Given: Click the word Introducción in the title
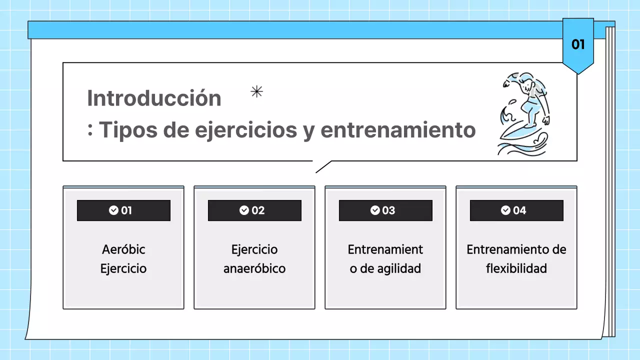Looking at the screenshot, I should pyautogui.click(x=154, y=98).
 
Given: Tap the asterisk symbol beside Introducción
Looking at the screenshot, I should pyautogui.click(x=256, y=91).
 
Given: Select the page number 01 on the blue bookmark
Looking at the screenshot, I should pyautogui.click(x=578, y=44).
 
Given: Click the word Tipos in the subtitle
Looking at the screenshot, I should pyautogui.click(x=122, y=130).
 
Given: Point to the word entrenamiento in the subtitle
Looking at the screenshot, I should pyautogui.click(x=398, y=130).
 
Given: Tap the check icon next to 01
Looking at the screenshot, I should pyautogui.click(x=113, y=210).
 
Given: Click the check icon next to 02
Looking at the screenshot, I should pyautogui.click(x=244, y=210).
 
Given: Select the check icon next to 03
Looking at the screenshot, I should pyautogui.click(x=375, y=210).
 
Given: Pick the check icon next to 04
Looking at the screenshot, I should pyautogui.click(x=506, y=210).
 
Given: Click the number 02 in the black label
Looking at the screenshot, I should pyautogui.click(x=258, y=210).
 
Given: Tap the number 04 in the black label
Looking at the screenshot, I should pyautogui.click(x=520, y=210).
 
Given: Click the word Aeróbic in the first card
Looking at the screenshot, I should pyautogui.click(x=123, y=249).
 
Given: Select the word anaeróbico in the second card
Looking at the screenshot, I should pyautogui.click(x=254, y=268).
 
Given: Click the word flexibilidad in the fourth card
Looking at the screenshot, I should pyautogui.click(x=516, y=268).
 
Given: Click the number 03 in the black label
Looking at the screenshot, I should pyautogui.click(x=388, y=210).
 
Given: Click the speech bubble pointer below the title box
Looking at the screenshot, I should pyautogui.click(x=322, y=167).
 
